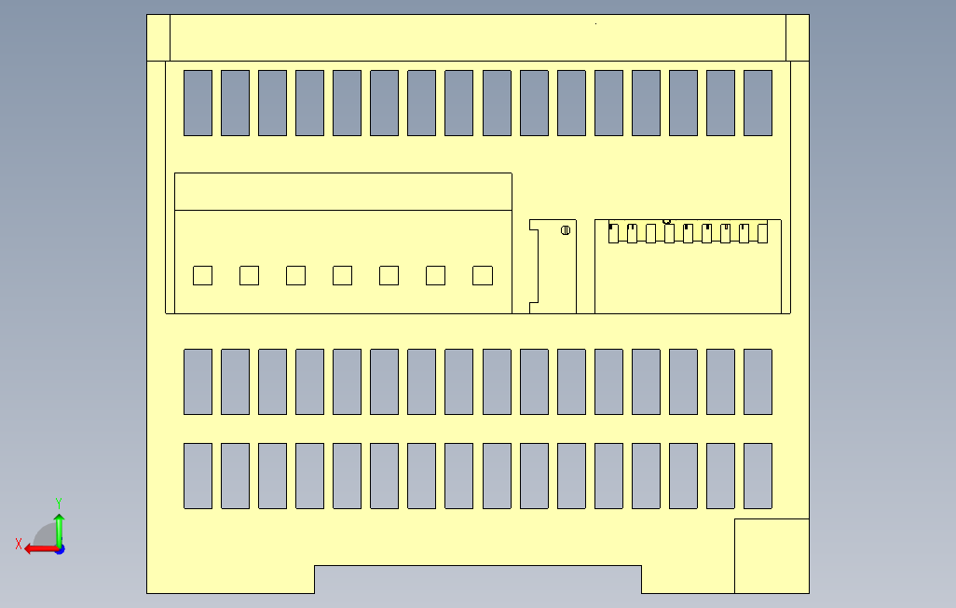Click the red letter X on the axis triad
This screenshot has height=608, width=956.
pyautogui.click(x=19, y=544)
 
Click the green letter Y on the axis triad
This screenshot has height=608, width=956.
pyautogui.click(x=59, y=503)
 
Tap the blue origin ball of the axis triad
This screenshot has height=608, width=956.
pyautogui.click(x=59, y=549)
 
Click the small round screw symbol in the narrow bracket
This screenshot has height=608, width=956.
pyautogui.click(x=566, y=230)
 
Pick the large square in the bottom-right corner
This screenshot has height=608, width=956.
pyautogui.click(x=772, y=556)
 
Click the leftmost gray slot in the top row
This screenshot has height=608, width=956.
pyautogui.click(x=198, y=103)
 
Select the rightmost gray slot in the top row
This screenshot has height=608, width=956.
pyautogui.click(x=758, y=103)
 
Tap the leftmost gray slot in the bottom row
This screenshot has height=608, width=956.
pyautogui.click(x=198, y=476)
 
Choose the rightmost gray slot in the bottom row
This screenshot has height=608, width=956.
pyautogui.click(x=758, y=476)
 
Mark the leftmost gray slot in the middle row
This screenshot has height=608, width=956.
pyautogui.click(x=198, y=381)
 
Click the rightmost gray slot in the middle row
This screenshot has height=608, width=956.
pyautogui.click(x=758, y=381)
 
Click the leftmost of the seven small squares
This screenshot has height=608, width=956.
pyautogui.click(x=202, y=275)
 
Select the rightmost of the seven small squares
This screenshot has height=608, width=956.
pyautogui.click(x=483, y=275)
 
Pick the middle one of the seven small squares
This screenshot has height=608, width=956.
pyautogui.click(x=342, y=275)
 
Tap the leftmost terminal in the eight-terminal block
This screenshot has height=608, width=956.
pyautogui.click(x=613, y=233)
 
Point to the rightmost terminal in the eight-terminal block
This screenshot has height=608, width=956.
pyautogui.click(x=762, y=233)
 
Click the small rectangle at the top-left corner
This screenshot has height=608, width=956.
pyautogui.click(x=158, y=37)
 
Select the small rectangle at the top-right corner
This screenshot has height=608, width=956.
pyautogui.click(x=798, y=37)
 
